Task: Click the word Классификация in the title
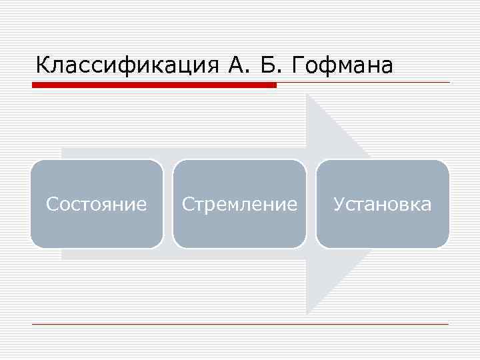click(125, 65)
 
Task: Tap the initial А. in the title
click(235, 65)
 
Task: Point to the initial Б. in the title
click(273, 65)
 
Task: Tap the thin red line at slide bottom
click(240, 324)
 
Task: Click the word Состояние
click(96, 204)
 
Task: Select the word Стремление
click(239, 204)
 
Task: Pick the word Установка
click(382, 204)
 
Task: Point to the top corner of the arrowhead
click(307, 95)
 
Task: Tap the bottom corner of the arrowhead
click(307, 313)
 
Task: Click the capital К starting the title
click(43, 65)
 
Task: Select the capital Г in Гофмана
click(299, 65)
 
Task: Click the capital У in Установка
click(339, 204)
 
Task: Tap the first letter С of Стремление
click(187, 204)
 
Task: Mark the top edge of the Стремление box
click(239, 160)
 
